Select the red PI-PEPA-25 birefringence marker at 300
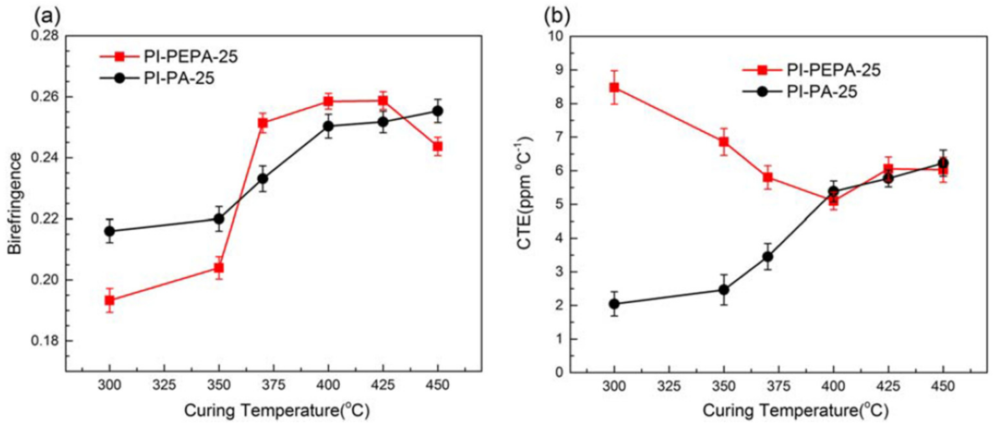[x=110, y=300]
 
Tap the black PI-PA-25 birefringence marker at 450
[x=437, y=111]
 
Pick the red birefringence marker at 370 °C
[x=263, y=123]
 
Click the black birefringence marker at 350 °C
[x=219, y=219]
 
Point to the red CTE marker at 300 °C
[x=614, y=87]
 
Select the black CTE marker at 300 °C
[x=614, y=304]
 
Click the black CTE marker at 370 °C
[x=768, y=257]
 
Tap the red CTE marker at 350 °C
[x=724, y=142]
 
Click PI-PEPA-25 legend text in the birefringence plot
[x=190, y=57]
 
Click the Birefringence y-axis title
[x=16, y=204]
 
